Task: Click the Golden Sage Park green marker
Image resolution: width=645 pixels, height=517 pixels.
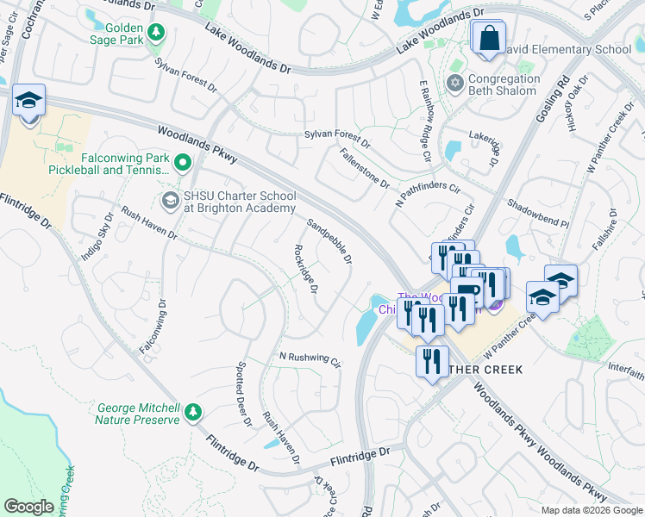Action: [x=156, y=34]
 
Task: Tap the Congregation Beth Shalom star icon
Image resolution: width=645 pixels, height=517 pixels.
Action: [x=454, y=84]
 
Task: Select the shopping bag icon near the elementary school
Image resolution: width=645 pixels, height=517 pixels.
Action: [x=488, y=39]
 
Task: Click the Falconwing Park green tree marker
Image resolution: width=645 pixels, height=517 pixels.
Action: [x=182, y=162]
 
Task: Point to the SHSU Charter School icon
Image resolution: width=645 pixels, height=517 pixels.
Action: [x=170, y=201]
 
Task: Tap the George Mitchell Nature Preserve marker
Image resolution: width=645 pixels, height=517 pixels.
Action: [x=195, y=413]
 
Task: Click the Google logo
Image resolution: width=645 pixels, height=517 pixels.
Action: [x=28, y=507]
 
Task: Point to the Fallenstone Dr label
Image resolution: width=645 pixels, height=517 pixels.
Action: [x=364, y=167]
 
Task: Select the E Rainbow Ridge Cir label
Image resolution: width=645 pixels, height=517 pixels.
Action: [x=424, y=121]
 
